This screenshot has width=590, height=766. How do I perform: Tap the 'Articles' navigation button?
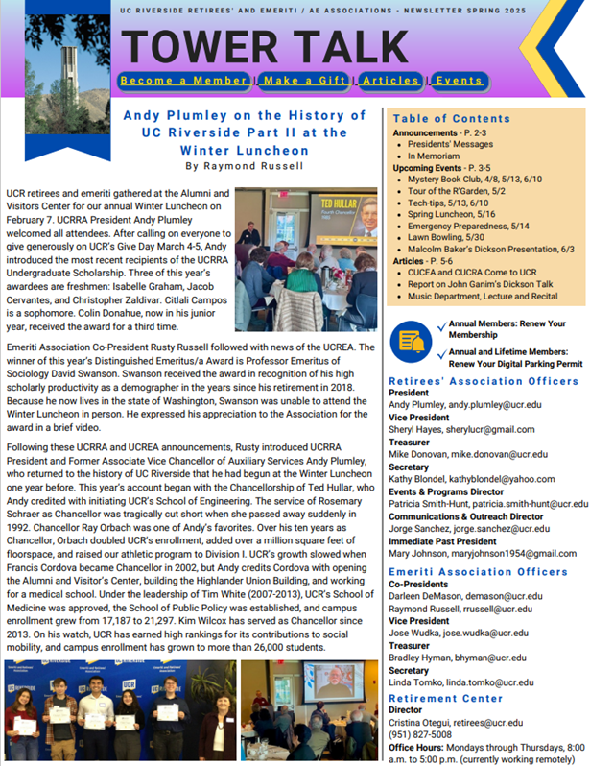391,80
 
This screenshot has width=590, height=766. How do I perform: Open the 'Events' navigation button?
458,80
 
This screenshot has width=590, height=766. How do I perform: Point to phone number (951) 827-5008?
420,733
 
